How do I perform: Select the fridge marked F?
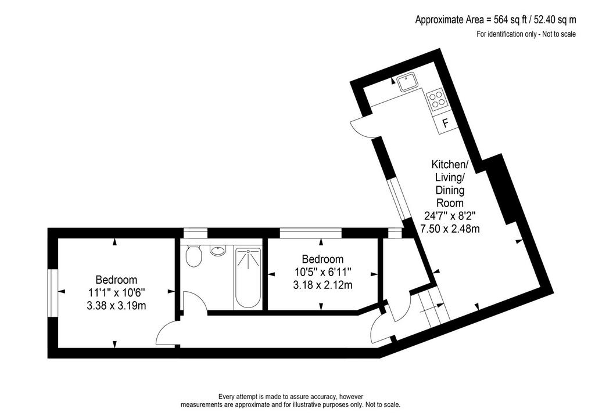pos(446,123)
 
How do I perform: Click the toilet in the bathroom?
pos(194,256)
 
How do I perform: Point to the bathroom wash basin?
pos(218,250)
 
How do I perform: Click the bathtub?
pos(248,278)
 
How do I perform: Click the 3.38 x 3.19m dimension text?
pos(116,306)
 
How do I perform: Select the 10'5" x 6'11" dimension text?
pos(322,272)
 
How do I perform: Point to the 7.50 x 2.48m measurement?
pos(450,229)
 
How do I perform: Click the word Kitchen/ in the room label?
pos(450,164)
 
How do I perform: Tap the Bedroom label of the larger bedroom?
pos(116,280)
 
